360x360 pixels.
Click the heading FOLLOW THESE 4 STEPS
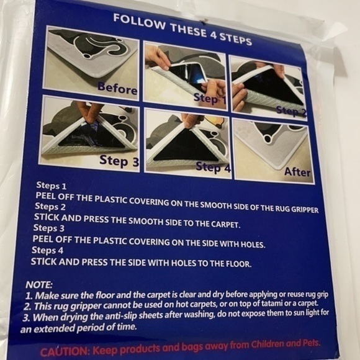[x=182, y=29]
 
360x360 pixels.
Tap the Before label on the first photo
[x=117, y=89]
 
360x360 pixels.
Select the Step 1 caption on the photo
[x=210, y=99]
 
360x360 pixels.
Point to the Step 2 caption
[x=291, y=112]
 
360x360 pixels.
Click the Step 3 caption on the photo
[x=119, y=161]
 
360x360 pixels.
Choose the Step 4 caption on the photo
[x=213, y=168]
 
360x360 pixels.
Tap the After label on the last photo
[x=297, y=172]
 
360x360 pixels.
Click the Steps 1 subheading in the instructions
[x=51, y=186]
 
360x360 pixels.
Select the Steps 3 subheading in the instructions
[x=48, y=228]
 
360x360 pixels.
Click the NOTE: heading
[x=39, y=285]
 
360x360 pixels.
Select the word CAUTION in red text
[x=65, y=351]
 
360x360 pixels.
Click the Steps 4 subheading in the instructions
[x=47, y=250]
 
